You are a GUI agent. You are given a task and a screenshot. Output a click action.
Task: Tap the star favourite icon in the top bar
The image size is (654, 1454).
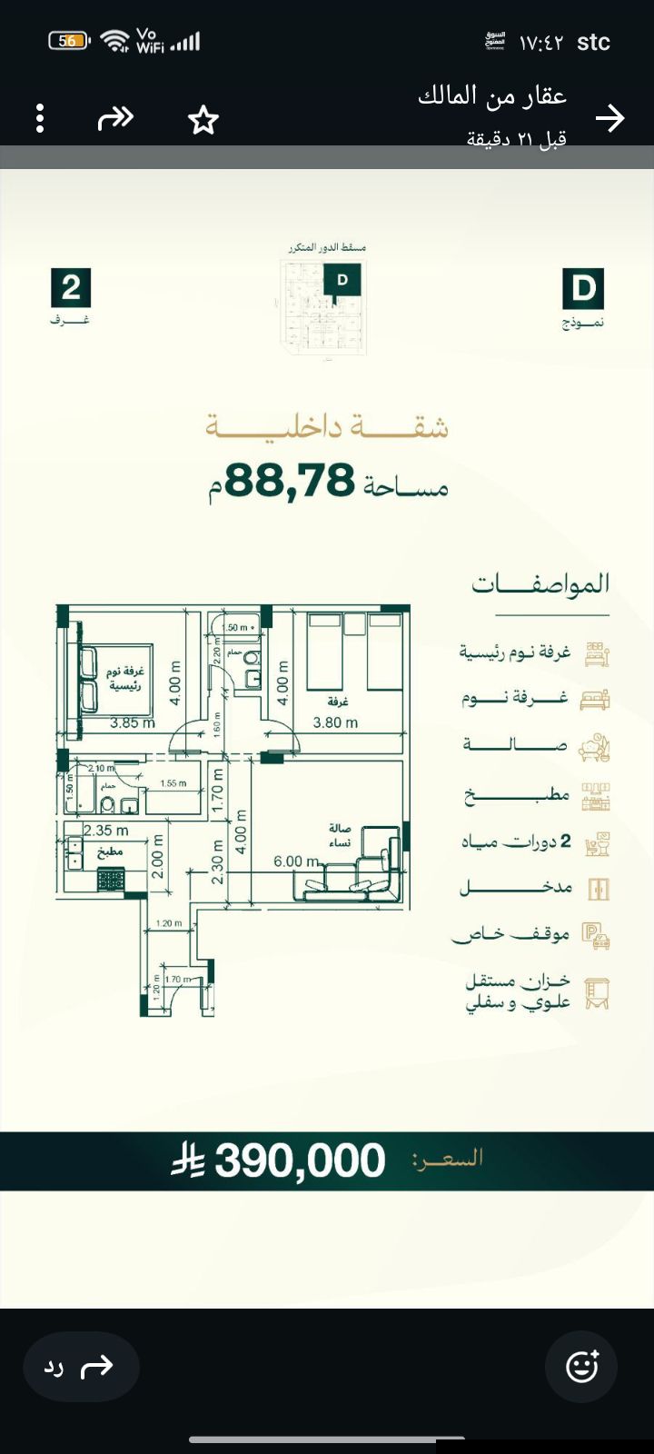(x=203, y=120)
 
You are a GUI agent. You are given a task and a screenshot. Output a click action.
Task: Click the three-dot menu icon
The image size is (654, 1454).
(x=40, y=119)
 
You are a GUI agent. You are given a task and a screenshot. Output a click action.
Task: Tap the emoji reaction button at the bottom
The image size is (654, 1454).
(x=581, y=1366)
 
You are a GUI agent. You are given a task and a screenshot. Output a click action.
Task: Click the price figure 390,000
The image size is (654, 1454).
(x=300, y=1160)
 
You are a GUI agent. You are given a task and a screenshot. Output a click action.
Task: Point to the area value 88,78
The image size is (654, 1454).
(x=290, y=480)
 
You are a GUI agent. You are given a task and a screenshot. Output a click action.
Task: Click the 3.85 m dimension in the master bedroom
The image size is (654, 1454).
(x=133, y=723)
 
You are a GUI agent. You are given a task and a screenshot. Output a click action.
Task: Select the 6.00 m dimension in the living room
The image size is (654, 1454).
(x=296, y=861)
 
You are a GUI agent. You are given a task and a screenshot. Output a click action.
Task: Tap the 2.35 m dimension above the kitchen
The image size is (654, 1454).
(x=106, y=830)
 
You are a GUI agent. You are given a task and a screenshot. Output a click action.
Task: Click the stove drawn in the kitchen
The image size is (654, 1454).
(x=111, y=879)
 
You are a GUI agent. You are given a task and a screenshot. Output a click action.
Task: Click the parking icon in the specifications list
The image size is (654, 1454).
(x=596, y=936)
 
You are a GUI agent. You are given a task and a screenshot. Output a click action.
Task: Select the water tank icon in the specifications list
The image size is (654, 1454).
(x=596, y=992)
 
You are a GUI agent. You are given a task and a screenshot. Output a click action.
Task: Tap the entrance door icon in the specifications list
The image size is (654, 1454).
(x=598, y=888)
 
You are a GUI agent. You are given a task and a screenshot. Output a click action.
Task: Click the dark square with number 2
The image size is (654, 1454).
(x=71, y=288)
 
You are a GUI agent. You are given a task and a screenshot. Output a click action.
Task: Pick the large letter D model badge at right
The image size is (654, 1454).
(x=583, y=289)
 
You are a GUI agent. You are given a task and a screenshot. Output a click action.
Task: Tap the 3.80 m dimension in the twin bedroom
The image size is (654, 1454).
(x=335, y=723)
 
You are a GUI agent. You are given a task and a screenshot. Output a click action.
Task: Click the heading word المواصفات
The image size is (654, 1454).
(x=540, y=584)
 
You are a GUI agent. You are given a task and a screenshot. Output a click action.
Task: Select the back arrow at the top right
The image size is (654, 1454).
(x=610, y=118)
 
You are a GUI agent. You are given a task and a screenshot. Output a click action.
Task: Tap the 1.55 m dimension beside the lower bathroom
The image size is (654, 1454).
(x=173, y=783)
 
